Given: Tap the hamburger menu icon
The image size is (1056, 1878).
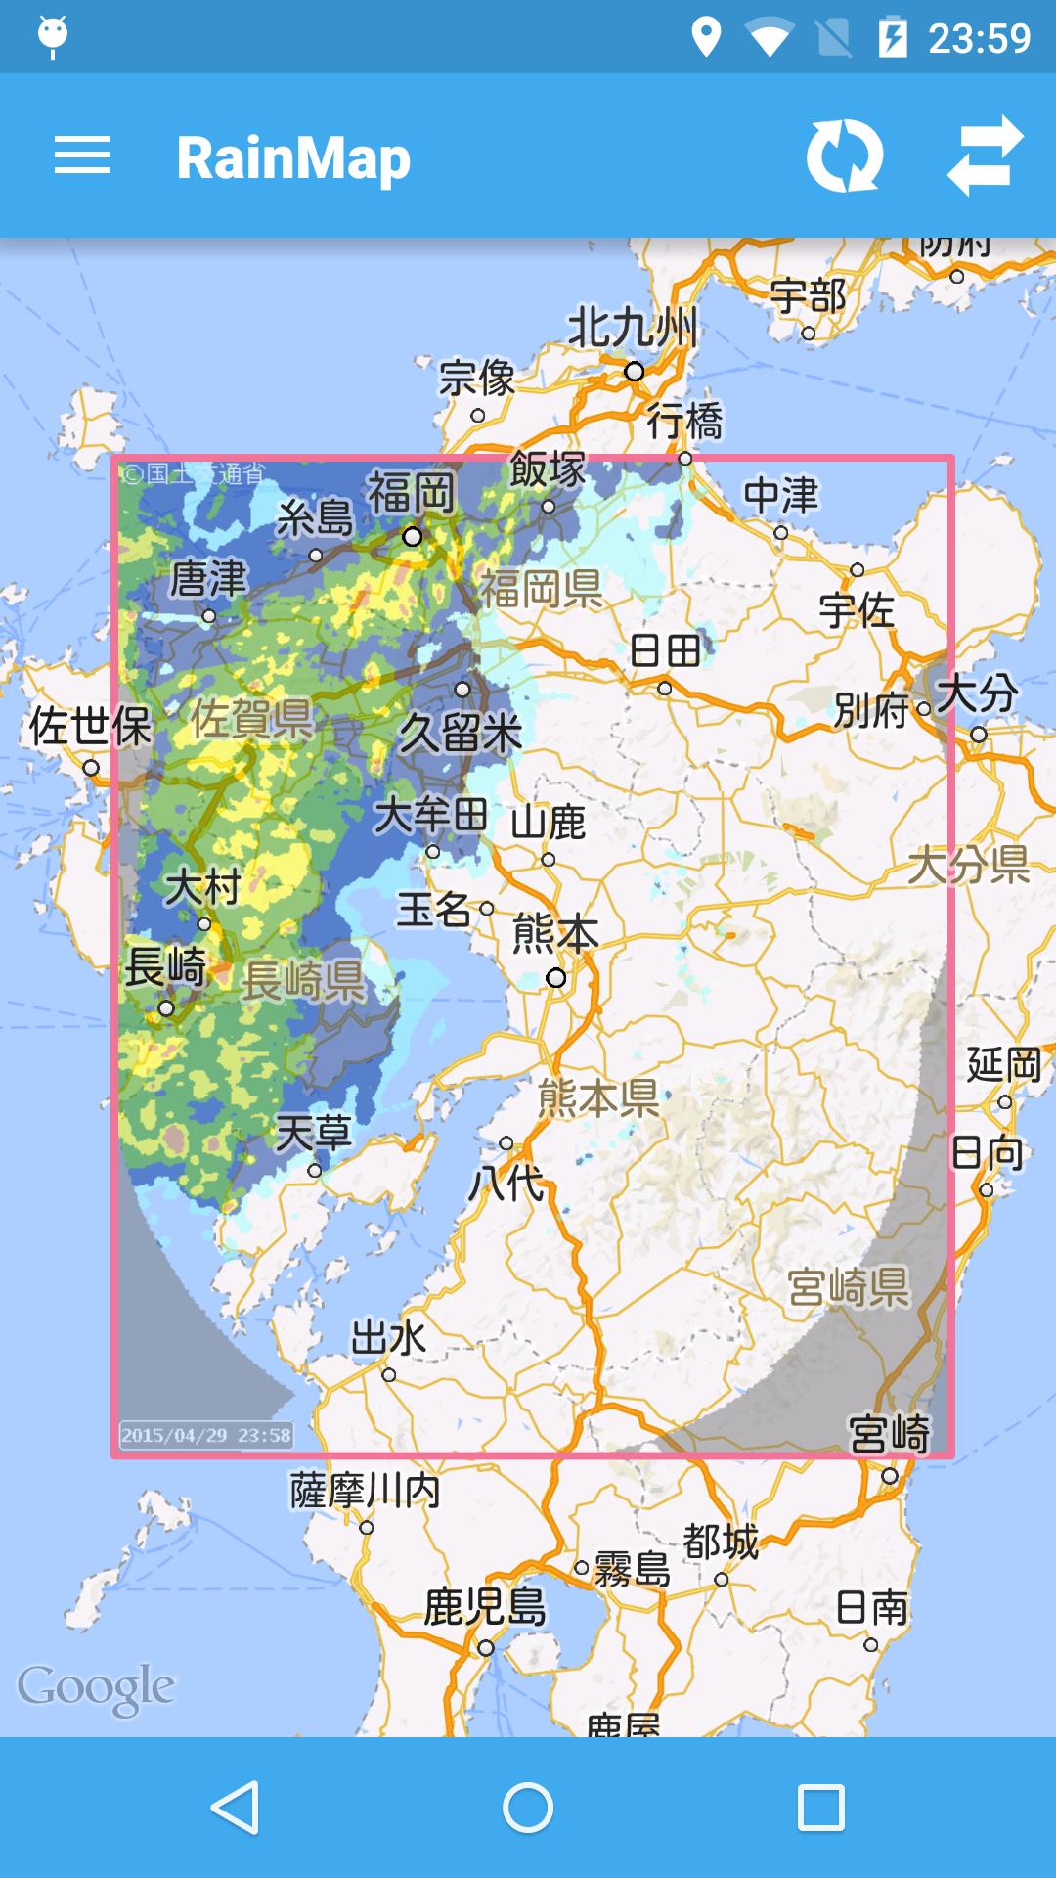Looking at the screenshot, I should [x=82, y=156].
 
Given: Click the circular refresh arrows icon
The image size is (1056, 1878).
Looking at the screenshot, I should [x=844, y=156].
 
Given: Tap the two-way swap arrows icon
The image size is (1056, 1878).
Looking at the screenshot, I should [x=985, y=156].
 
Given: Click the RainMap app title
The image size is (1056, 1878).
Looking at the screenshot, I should [x=293, y=158].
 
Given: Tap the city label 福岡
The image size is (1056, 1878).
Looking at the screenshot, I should [x=412, y=493].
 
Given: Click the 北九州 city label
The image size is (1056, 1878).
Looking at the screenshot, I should [x=633, y=327].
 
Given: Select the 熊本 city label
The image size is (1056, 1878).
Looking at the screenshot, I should [x=555, y=935].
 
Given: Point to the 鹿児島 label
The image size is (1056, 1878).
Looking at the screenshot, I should [x=485, y=1606].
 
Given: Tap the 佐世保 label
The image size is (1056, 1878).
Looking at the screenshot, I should [x=90, y=727].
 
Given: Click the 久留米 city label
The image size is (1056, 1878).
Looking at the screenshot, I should [x=461, y=733].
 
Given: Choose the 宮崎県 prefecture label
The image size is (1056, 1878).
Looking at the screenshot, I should [x=849, y=1287].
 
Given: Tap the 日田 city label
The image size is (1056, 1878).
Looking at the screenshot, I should [x=666, y=650].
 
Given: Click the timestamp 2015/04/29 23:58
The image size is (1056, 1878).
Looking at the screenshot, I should [x=206, y=1435].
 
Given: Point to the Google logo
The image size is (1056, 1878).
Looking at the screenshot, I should [x=96, y=1687].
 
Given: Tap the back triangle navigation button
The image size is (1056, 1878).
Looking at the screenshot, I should [x=235, y=1808].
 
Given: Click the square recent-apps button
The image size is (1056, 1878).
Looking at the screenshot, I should [x=820, y=1808].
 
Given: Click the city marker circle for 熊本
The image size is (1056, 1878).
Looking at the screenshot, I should [x=556, y=977].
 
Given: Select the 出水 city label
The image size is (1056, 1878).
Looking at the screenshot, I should [x=388, y=1337].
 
